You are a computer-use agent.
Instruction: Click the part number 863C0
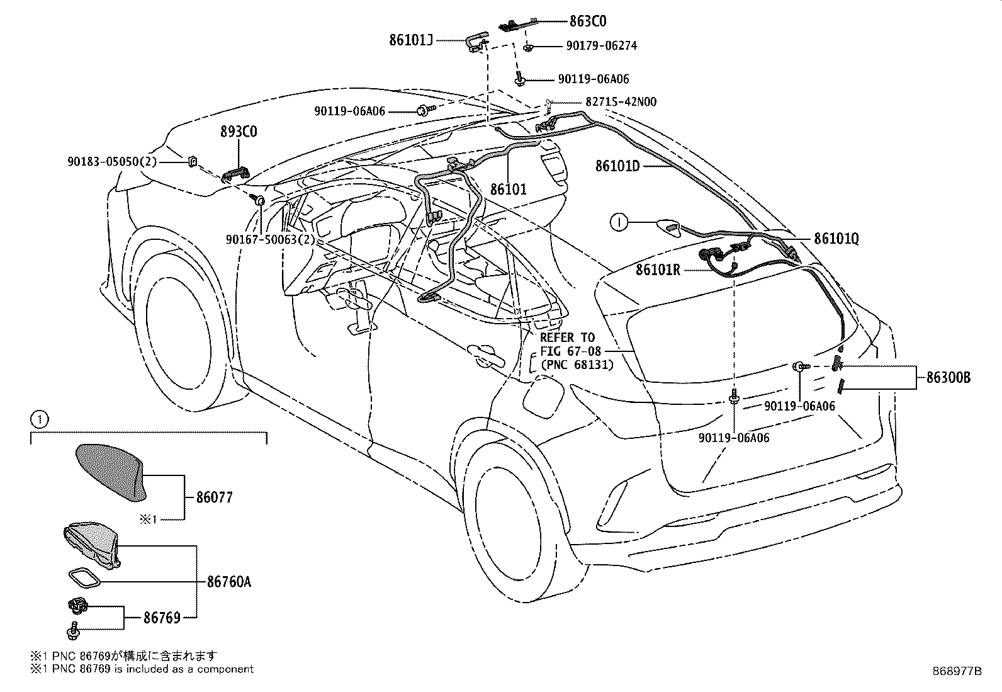tap(588, 21)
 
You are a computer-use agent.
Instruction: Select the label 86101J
tap(410, 40)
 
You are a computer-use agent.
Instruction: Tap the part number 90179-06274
tap(602, 46)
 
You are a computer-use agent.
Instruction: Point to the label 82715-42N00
tap(621, 101)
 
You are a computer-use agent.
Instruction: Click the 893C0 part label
tap(239, 132)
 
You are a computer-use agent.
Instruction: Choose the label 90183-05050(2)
tap(112, 162)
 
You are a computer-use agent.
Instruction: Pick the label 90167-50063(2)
tap(271, 240)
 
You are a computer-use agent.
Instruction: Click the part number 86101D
tap(617, 166)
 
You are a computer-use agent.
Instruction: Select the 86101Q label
tap(836, 239)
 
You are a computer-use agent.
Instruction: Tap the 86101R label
tap(658, 269)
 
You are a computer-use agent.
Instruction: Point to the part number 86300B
tap(949, 377)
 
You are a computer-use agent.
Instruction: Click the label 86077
tap(215, 497)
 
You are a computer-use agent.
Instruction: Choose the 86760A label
tap(229, 582)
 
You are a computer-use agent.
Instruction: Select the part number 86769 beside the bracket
tap(162, 618)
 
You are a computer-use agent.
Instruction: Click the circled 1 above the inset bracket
tap(40, 419)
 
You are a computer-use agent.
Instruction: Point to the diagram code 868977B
tap(957, 671)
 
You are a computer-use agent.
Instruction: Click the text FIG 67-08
tap(570, 351)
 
